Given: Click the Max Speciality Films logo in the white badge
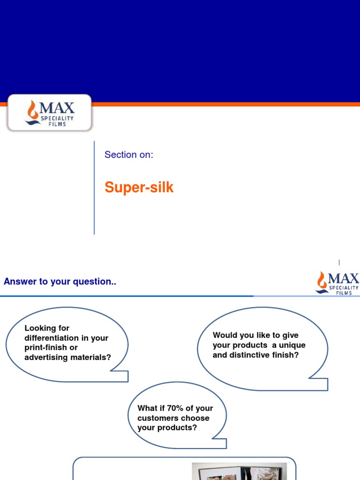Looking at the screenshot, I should point(50,112).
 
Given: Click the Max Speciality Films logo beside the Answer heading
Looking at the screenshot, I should point(337,283).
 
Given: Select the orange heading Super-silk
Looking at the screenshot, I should point(139,187).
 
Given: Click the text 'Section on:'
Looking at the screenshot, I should point(129,155).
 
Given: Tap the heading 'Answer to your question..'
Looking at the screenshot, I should point(60,282).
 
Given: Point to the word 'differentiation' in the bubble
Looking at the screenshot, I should point(52,338).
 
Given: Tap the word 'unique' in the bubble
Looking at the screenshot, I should point(292,345).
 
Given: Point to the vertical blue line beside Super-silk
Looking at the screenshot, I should point(94,187).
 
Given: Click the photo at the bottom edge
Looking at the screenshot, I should point(239,471).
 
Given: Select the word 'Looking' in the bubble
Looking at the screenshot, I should point(40,328).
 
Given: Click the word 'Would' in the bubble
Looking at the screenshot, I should point(224,335).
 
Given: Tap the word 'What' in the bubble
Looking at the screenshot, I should point(147,408).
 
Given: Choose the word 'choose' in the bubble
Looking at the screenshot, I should point(197,418).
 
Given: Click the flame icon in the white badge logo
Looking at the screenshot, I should point(33,110).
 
